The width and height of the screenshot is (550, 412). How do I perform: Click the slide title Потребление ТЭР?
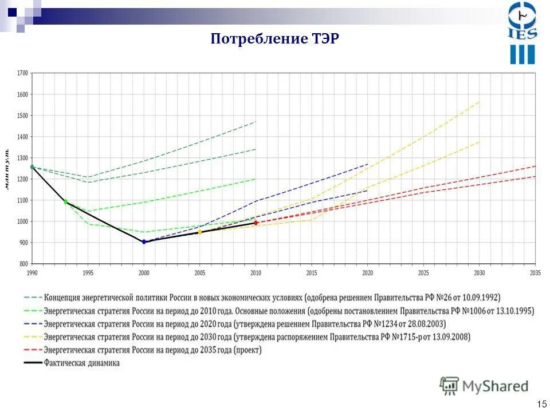click(x=275, y=39)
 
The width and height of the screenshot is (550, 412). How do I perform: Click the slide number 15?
click(x=541, y=404)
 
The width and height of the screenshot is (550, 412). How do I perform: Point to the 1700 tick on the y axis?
click(x=22, y=73)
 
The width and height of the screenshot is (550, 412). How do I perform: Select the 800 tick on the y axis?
click(x=23, y=264)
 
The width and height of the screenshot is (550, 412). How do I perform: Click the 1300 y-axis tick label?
click(x=22, y=158)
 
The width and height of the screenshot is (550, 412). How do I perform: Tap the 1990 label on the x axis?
click(x=32, y=273)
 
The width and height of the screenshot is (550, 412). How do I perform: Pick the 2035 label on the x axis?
click(x=535, y=273)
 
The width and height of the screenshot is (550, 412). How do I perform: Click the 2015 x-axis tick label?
click(x=312, y=273)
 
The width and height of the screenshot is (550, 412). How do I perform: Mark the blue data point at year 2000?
click(x=144, y=242)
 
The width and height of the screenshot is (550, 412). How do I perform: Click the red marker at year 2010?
click(x=256, y=223)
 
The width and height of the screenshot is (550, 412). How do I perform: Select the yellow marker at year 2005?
click(x=200, y=232)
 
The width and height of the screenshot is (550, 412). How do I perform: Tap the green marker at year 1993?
click(x=65, y=201)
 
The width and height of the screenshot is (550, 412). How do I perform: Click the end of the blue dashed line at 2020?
click(x=368, y=164)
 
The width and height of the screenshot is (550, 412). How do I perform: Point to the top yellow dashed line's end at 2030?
click(x=480, y=102)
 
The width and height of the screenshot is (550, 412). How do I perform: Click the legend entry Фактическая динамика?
click(x=82, y=363)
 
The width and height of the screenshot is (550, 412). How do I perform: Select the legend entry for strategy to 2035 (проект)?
click(x=152, y=350)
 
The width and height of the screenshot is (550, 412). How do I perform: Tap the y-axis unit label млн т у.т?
click(x=8, y=169)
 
